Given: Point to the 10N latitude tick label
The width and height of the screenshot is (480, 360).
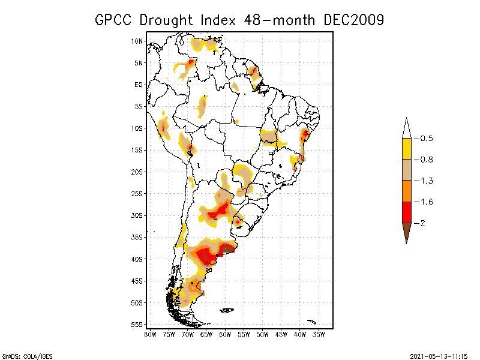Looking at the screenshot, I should [137, 41].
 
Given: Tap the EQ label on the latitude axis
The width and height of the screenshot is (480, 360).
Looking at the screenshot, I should [139, 85].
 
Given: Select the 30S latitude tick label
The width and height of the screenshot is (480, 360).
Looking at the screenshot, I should [137, 215].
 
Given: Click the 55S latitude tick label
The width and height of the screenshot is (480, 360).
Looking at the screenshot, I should [137, 325].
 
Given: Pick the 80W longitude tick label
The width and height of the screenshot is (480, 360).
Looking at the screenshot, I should [150, 334].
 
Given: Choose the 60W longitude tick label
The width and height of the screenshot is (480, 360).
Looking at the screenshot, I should [225, 334].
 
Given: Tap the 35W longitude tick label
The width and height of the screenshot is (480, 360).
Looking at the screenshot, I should [319, 334].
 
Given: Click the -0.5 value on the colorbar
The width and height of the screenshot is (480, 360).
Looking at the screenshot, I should [426, 139].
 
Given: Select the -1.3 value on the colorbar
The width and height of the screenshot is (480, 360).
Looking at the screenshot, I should [426, 181].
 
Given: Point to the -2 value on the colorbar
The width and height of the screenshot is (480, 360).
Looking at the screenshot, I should [423, 223].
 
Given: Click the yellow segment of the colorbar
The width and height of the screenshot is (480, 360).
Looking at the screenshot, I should [406, 149].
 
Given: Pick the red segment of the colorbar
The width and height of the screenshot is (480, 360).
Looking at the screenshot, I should [406, 212].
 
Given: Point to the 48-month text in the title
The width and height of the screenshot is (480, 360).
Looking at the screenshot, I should [280, 20].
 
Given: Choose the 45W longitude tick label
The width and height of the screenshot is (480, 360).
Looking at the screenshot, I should [281, 334].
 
